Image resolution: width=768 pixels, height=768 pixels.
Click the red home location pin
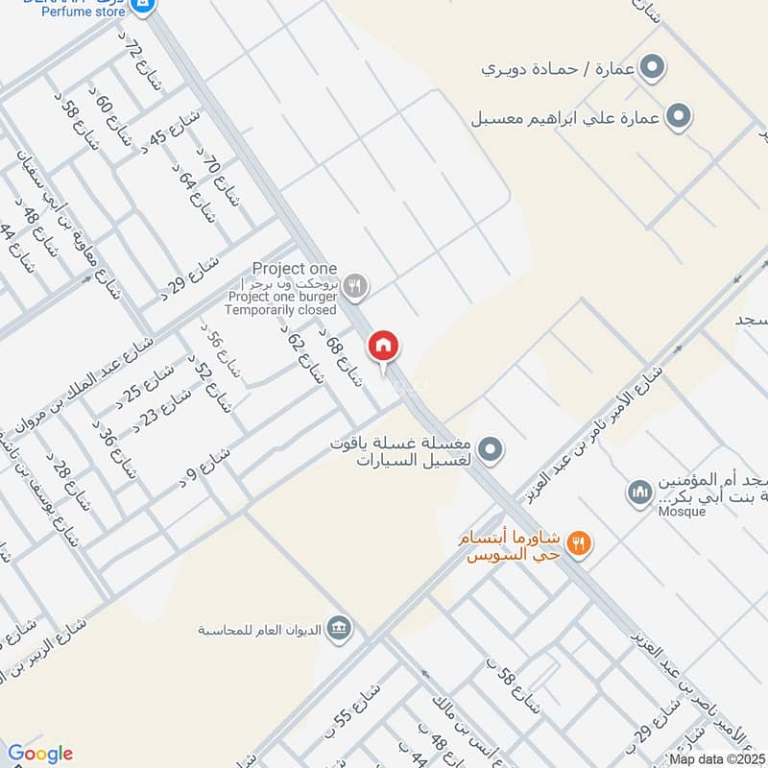click(x=384, y=346)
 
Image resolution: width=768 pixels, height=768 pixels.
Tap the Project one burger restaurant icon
click(x=355, y=284)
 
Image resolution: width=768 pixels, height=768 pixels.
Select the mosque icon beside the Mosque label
click(x=639, y=493)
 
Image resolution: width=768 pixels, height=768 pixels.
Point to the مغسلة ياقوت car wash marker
click(x=491, y=448)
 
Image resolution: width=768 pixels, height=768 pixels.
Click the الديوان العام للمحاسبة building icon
click(x=338, y=629)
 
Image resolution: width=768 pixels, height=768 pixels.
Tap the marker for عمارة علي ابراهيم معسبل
click(x=680, y=118)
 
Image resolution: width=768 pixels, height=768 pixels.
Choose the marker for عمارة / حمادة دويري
click(x=654, y=68)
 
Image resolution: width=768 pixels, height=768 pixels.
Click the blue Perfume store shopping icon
click(x=143, y=5)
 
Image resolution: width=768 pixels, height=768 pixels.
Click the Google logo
click(x=39, y=754)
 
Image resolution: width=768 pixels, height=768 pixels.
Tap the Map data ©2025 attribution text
click(x=718, y=759)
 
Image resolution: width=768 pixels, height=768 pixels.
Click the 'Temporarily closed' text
click(x=282, y=310)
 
